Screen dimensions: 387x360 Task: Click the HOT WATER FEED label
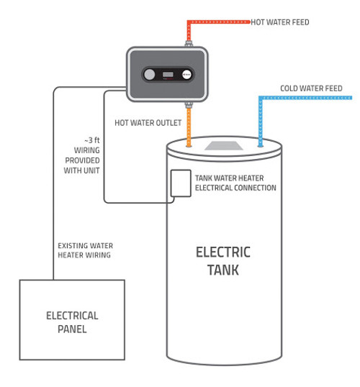[x=280, y=22]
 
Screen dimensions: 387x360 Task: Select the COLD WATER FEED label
[x=311, y=89]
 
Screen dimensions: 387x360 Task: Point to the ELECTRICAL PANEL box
[x=71, y=319]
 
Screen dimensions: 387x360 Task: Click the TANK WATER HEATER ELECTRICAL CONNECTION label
[x=235, y=183]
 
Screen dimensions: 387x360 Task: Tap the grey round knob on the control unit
[x=149, y=75]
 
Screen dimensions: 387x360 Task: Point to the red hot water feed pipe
[x=216, y=23]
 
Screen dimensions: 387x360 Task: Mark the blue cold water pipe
[x=261, y=119]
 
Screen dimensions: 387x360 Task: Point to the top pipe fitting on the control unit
[x=189, y=45]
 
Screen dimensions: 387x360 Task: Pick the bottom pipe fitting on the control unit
[x=189, y=104]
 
